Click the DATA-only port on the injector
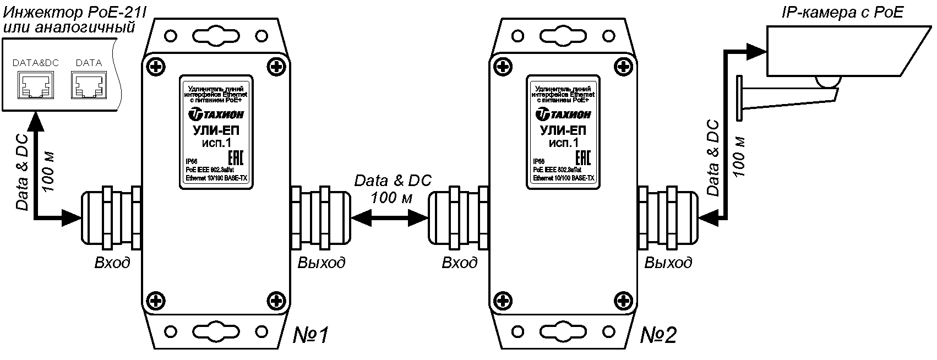click(x=88, y=86)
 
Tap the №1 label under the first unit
click(x=310, y=335)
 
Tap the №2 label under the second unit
click(x=658, y=335)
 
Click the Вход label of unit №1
click(x=112, y=263)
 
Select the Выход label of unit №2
click(x=668, y=263)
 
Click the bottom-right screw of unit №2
click(x=623, y=301)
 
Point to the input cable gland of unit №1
click(x=110, y=217)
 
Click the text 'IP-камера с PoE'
click(x=842, y=13)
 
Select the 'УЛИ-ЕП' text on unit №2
click(x=563, y=131)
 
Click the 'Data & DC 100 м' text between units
click(x=393, y=189)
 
